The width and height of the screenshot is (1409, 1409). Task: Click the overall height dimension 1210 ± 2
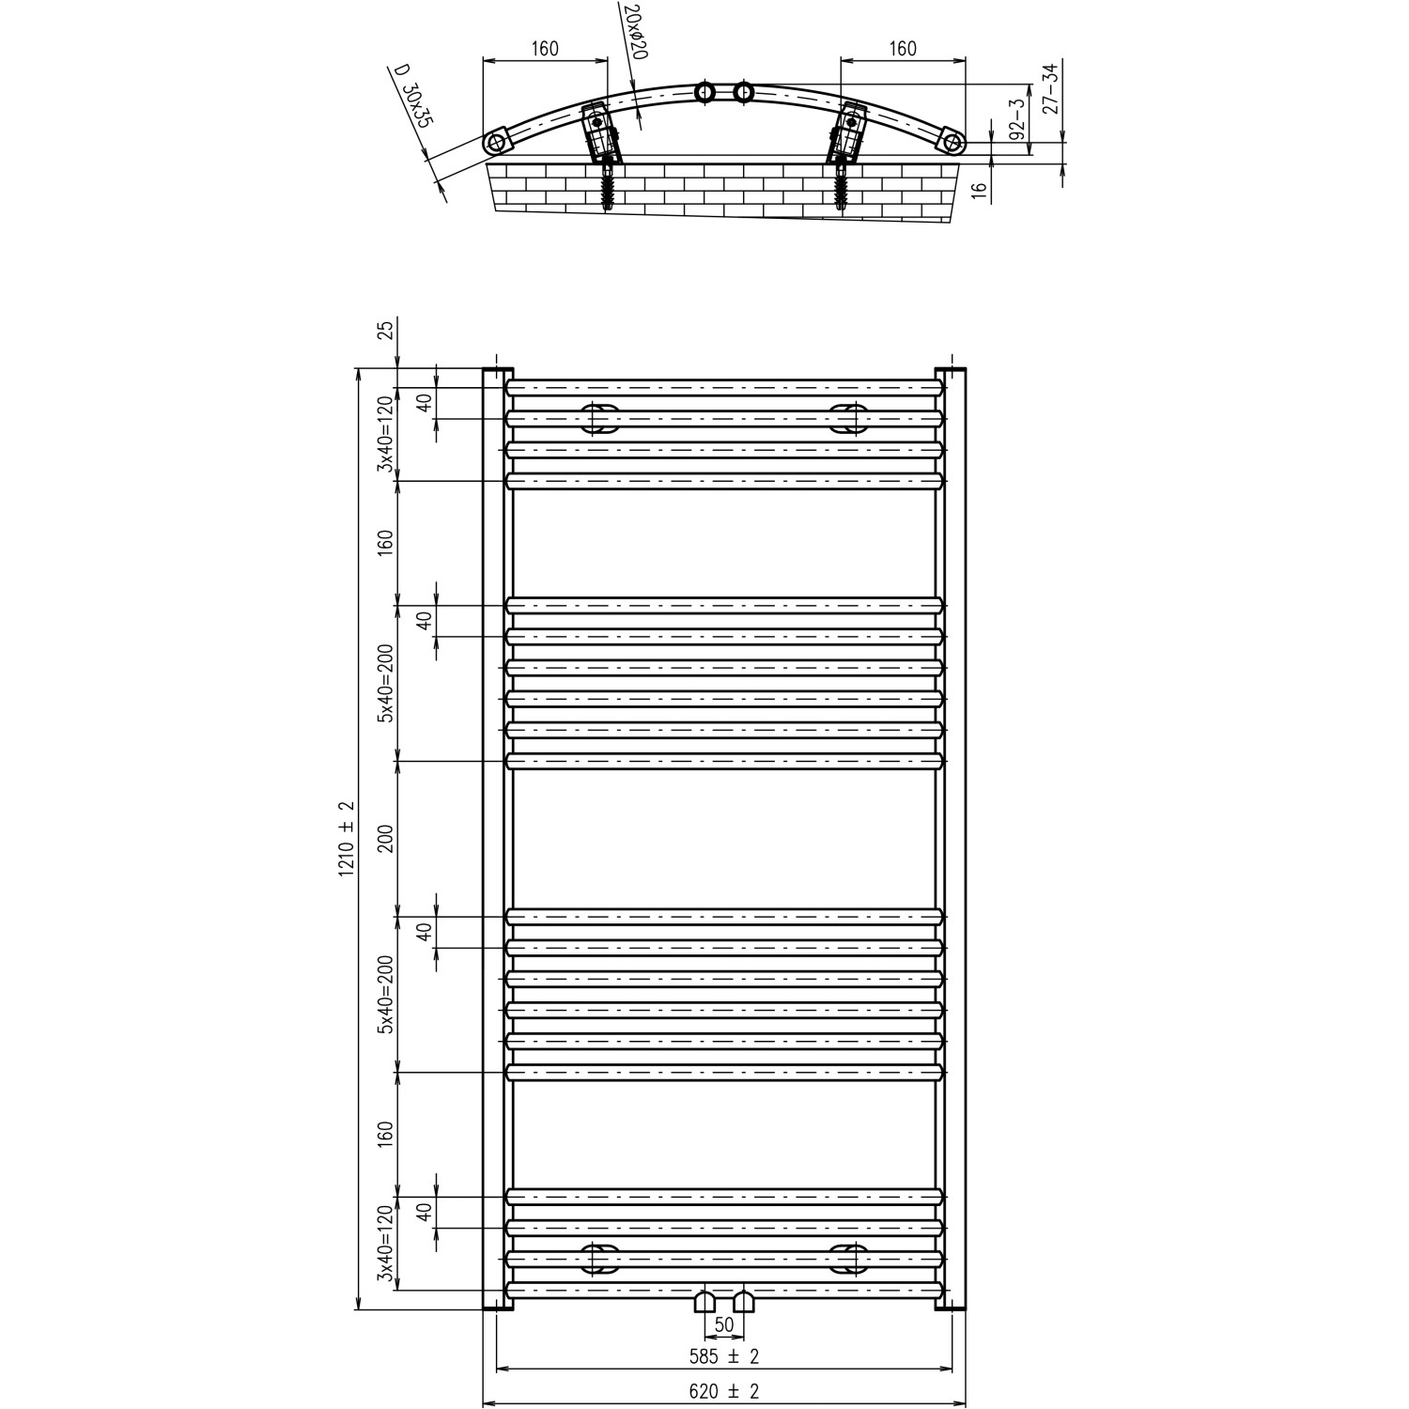point(347,837)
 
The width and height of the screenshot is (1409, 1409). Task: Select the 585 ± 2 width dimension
point(723,1355)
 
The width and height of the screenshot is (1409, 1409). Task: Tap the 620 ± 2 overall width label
point(723,1392)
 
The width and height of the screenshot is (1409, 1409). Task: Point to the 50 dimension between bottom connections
point(724,1325)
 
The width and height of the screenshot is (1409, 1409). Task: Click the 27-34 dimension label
point(1052,87)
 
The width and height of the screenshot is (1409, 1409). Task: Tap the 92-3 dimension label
point(1016,119)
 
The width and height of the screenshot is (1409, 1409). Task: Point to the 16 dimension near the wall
point(980,189)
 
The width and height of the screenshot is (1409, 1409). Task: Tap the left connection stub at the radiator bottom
point(704,1302)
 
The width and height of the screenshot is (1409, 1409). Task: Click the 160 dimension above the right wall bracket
point(902,49)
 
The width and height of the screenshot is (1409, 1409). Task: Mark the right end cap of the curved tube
point(952,143)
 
